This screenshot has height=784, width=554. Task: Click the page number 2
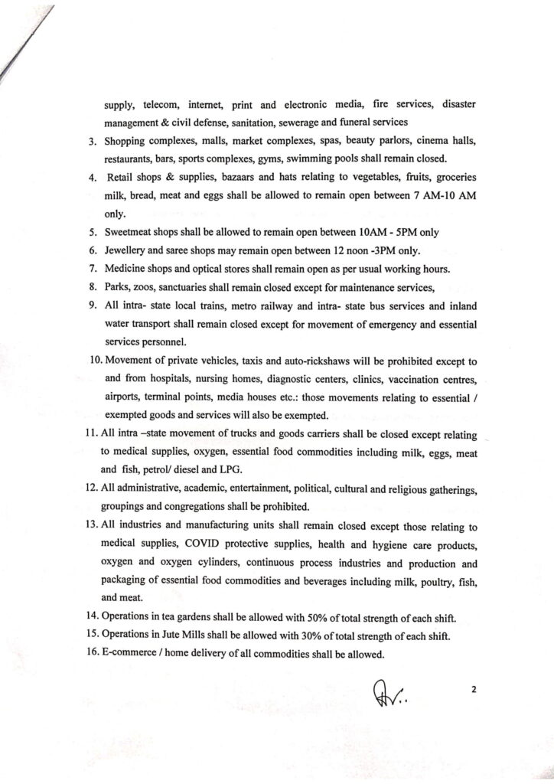[474, 689]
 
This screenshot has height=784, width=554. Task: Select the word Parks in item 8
[116, 288]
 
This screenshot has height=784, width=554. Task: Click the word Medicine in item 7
[126, 269]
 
